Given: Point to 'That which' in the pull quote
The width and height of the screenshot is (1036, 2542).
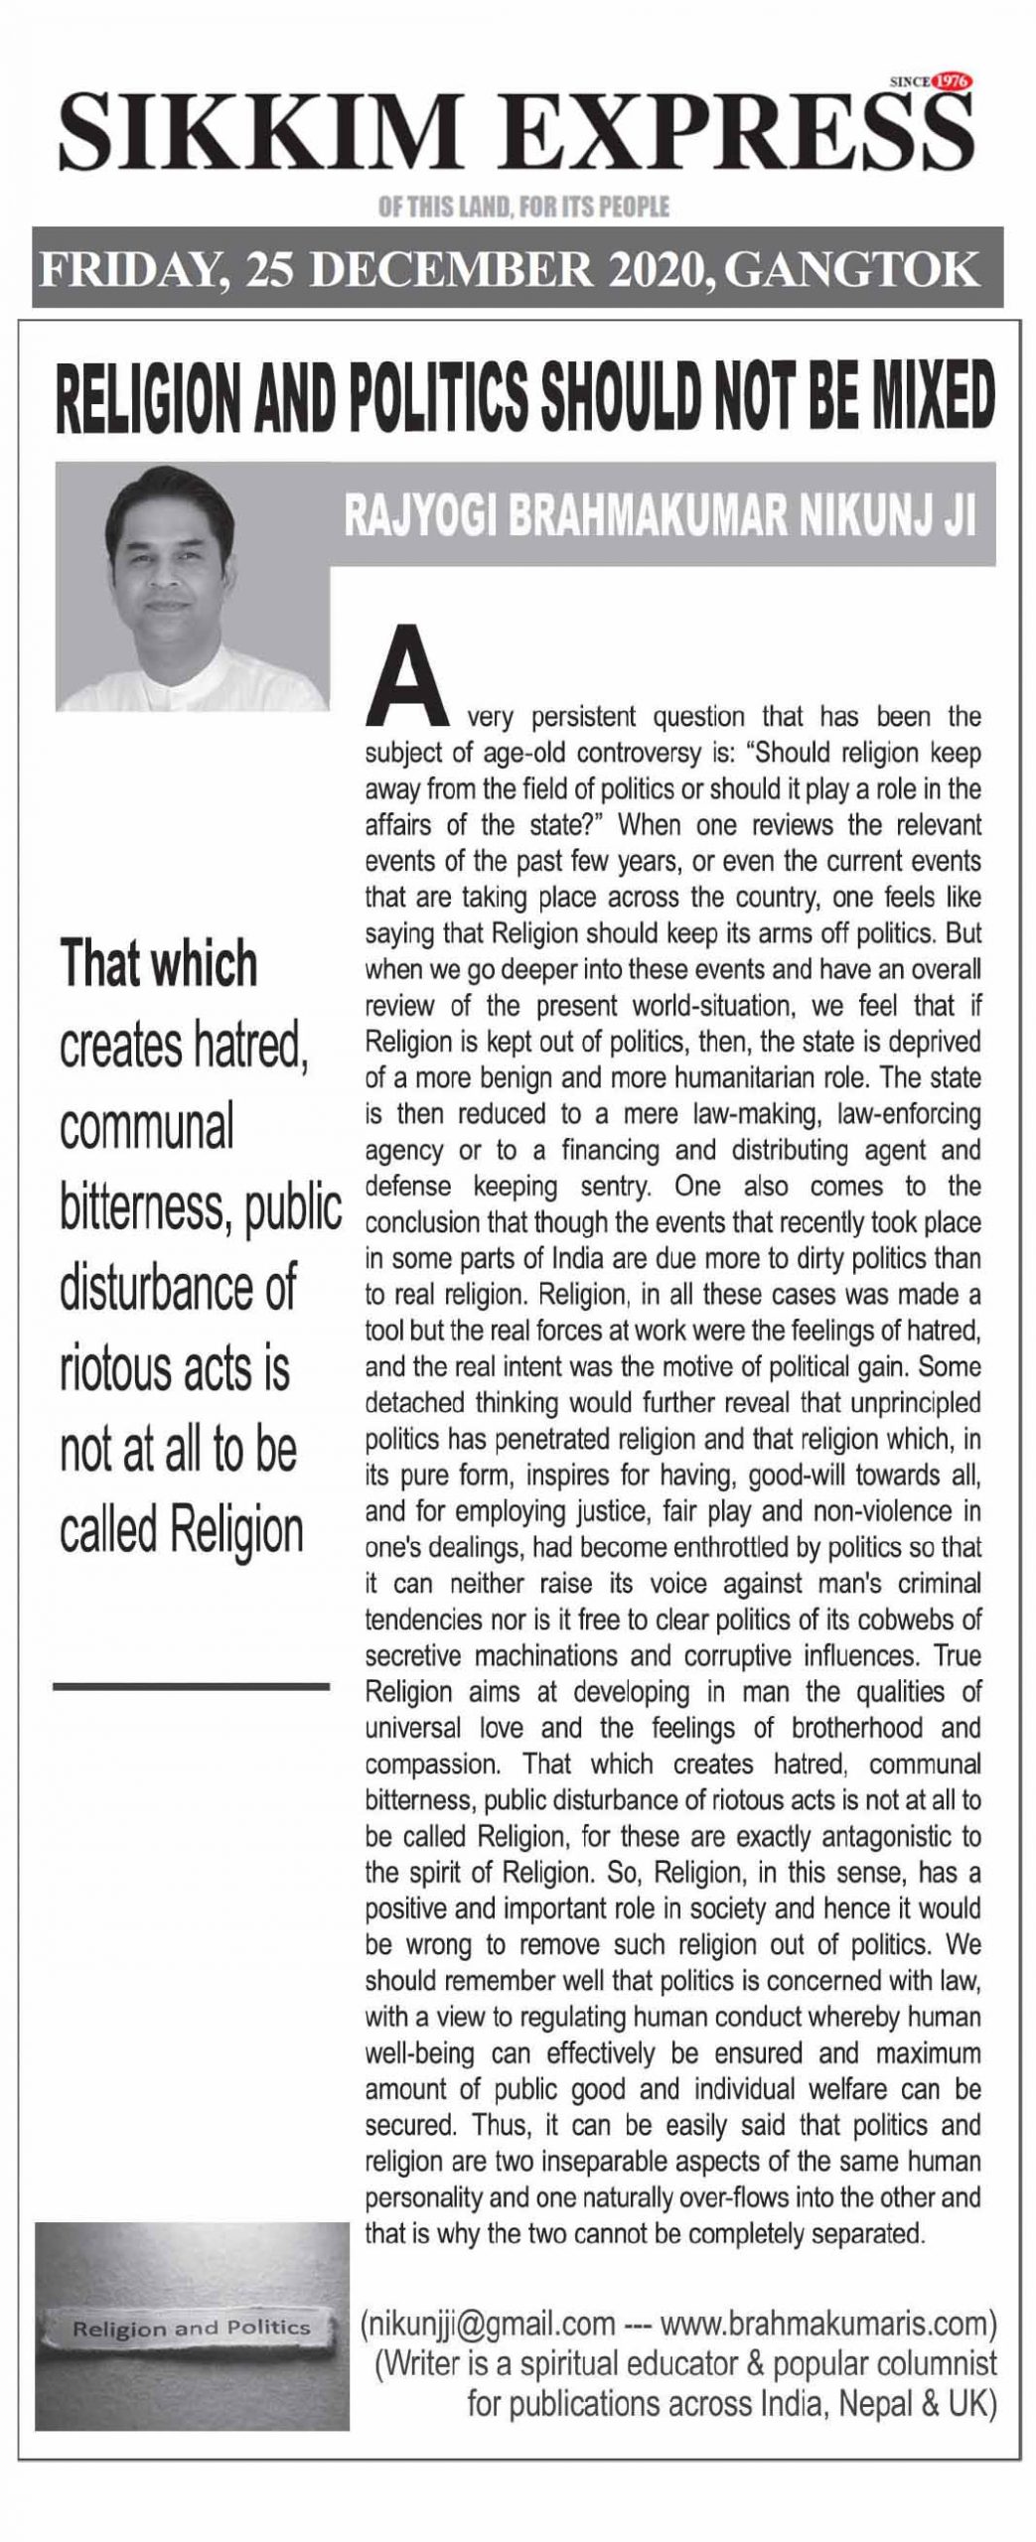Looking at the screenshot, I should click(159, 964).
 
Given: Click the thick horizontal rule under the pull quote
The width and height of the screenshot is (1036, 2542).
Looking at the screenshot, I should click(191, 1686).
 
